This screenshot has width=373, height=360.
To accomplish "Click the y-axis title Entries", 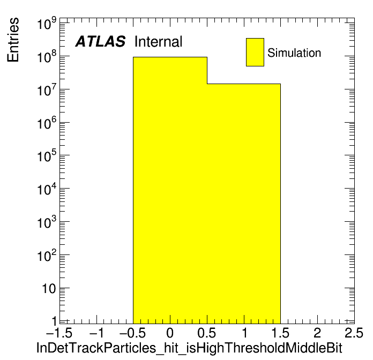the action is [13, 40].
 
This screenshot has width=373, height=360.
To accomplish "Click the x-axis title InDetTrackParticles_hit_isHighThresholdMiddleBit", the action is [189, 348].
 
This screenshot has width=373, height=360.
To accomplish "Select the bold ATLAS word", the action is [100, 42].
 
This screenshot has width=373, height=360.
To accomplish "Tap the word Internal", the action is [159, 42].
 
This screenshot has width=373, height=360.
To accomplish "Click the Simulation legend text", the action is [294, 53].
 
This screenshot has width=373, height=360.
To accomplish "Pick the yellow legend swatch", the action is [255, 52].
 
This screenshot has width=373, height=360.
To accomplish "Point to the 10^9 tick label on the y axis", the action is [47, 23].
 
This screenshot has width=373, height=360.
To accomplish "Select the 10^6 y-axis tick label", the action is [47, 123].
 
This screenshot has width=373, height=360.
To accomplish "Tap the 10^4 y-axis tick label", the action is [47, 189].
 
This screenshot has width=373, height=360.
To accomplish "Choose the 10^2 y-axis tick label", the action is [47, 256].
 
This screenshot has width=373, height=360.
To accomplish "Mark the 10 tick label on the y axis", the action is [49, 289].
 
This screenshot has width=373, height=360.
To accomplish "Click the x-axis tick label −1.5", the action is [59, 333].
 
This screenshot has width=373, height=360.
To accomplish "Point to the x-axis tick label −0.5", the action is [132, 333].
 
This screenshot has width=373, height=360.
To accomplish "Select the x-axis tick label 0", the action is [170, 333].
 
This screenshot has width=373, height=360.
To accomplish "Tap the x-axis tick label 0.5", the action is [206, 333].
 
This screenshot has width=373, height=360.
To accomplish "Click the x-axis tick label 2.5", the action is [354, 333].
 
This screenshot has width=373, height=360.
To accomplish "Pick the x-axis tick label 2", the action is [317, 333].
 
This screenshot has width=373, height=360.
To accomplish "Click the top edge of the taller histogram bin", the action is [170, 57].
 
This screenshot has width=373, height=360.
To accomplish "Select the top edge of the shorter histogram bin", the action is [244, 84].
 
